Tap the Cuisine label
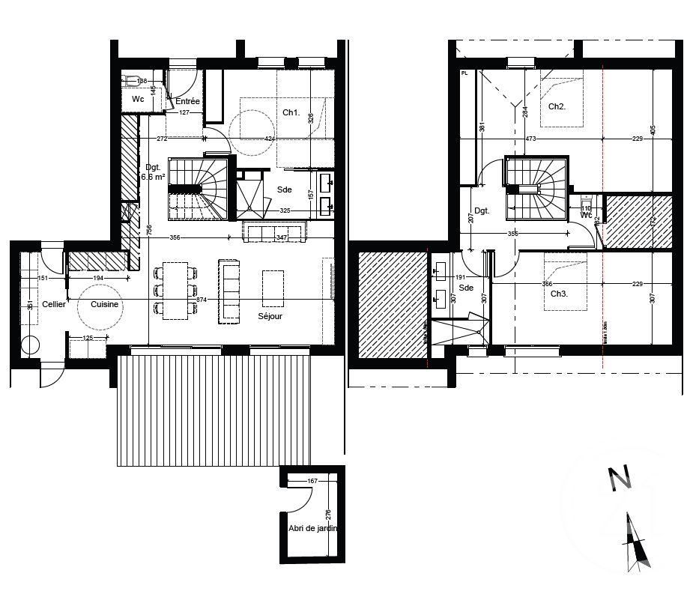pos(105,305)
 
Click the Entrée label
pos(187,101)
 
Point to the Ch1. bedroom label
pos(291,113)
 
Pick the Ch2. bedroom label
pos(557,107)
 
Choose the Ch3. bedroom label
pos(559,294)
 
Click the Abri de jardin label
pos(312,528)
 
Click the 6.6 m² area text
pos(154,178)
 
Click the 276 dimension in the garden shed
pos(328,515)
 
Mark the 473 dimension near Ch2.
pos(530,139)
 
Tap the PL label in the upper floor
pos(464,73)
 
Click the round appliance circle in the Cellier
pos(31,346)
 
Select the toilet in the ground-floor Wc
pos(133,80)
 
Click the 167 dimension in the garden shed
pos(313,481)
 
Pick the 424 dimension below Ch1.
pos(270,139)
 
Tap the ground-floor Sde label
pos(285,190)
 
